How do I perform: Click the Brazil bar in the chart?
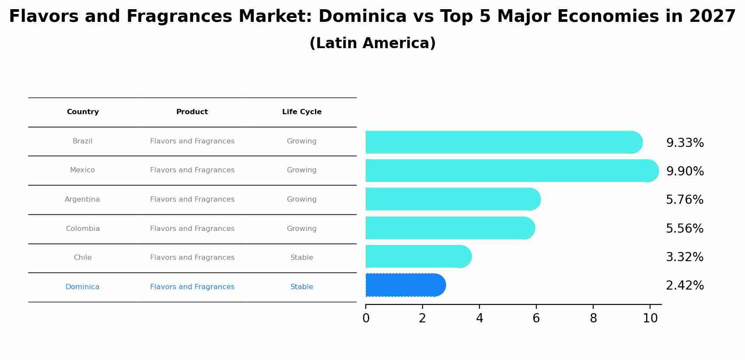tap(503, 142)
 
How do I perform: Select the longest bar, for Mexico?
tap(512, 171)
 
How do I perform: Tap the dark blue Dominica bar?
tap(405, 285)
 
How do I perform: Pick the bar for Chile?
tap(418, 256)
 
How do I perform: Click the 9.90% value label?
tap(685, 171)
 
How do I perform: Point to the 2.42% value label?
tap(685, 286)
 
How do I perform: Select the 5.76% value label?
tap(685, 200)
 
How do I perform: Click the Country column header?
tap(83, 112)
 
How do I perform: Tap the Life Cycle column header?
tap(301, 112)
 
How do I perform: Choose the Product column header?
tap(192, 112)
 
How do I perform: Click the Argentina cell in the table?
tap(82, 199)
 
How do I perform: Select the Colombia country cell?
tap(83, 229)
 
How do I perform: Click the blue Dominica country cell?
tap(82, 287)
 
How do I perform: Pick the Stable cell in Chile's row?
tap(301, 258)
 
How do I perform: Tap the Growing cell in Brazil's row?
tap(301, 141)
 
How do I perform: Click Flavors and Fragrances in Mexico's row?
tap(192, 170)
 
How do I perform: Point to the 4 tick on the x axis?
tap(479, 318)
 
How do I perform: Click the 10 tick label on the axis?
tap(650, 318)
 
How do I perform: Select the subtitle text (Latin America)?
tap(372, 43)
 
